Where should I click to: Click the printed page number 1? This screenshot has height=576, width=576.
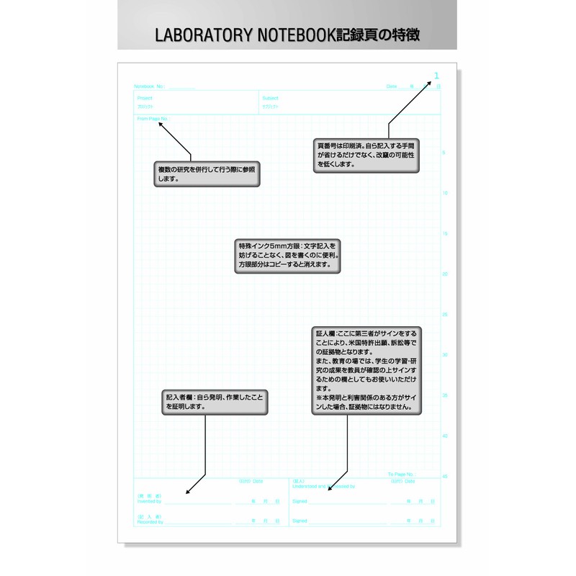(x=436, y=76)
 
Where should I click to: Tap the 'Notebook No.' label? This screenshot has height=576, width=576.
(x=150, y=86)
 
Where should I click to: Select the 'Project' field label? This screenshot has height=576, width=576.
(x=145, y=98)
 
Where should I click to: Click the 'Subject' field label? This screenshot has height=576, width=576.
(x=270, y=98)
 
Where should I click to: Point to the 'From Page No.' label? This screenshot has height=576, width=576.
(x=153, y=118)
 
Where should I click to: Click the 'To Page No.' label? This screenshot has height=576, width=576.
(x=401, y=474)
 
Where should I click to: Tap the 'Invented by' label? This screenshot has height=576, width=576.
(x=150, y=501)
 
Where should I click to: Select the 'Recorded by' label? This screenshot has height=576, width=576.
(x=150, y=521)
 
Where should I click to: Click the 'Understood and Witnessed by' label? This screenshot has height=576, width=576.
(x=323, y=486)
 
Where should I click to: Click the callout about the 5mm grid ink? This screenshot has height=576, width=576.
(x=287, y=255)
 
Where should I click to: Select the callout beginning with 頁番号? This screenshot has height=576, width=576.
(x=366, y=156)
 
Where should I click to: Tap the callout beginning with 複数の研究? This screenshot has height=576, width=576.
(x=207, y=174)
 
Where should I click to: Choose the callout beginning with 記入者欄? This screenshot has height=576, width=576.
(x=215, y=401)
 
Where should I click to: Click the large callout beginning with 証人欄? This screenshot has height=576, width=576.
(x=367, y=371)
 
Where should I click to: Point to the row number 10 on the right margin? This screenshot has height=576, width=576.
(x=444, y=193)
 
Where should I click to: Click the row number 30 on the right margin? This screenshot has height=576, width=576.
(x=444, y=354)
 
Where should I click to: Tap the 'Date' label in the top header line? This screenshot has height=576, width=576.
(x=392, y=86)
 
